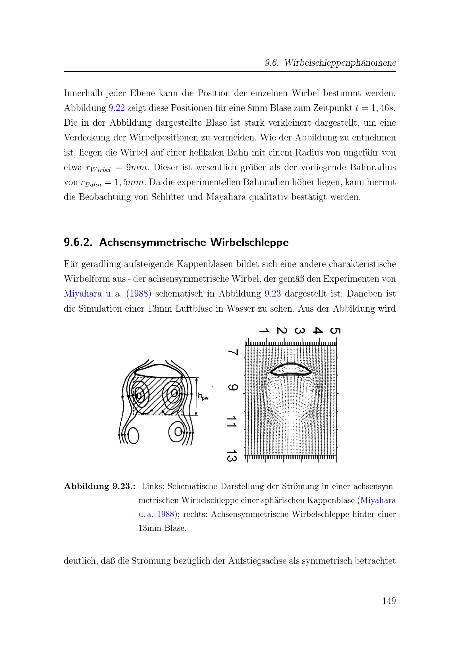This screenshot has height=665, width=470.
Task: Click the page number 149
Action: pos(389,601)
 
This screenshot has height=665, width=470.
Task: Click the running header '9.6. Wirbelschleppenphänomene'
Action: pos(330,63)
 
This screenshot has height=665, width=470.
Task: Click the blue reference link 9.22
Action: pos(116,108)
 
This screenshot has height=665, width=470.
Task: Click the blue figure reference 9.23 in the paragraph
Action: pos(273,293)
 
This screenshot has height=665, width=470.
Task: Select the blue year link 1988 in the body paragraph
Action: pos(139,293)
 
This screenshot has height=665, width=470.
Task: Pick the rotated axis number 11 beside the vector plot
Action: pos(232,421)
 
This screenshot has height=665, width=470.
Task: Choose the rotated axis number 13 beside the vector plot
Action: pos(232,455)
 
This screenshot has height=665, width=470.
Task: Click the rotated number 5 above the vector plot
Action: pos(335,331)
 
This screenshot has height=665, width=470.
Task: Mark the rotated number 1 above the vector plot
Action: pos(264,331)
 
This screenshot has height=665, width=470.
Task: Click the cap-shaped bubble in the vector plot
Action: pos(291,370)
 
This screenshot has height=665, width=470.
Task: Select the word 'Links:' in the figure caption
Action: pos(153,486)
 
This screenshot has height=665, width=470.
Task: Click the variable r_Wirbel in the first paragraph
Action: pos(98,168)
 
